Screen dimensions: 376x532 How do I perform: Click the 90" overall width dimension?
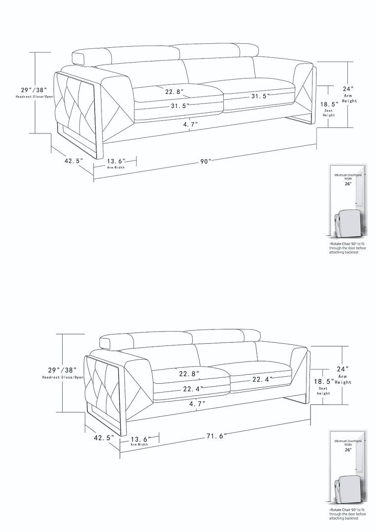pos(205,162)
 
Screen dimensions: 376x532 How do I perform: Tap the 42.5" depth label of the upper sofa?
pos(74,161)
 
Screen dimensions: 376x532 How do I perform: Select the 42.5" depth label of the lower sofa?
pos(104,438)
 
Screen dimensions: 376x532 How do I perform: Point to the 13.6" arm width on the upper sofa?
pos(116,161)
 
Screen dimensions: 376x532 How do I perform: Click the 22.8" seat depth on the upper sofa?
pos(174,92)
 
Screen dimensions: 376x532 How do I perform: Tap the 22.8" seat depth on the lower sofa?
pos(189,374)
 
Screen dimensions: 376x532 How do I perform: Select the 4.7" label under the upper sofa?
pos(190,125)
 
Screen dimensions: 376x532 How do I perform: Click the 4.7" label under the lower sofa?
pos(197,404)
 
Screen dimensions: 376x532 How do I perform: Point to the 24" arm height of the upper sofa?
pos(348,89)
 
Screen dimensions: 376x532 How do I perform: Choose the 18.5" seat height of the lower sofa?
pos(324,382)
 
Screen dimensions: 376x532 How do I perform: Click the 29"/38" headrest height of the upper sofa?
pos(34,90)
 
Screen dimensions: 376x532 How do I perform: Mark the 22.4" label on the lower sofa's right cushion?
pos(262,380)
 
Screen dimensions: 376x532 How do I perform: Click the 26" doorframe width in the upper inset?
pos(348,184)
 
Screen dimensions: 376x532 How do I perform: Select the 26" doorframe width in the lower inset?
pos(348,450)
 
